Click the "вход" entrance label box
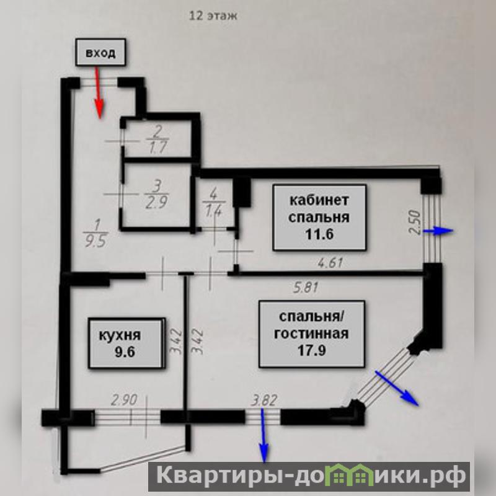100,53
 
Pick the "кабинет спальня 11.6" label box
319,217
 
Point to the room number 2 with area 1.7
158,139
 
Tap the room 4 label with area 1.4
213,207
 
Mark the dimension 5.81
305,288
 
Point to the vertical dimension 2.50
415,223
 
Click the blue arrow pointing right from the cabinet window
442,231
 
